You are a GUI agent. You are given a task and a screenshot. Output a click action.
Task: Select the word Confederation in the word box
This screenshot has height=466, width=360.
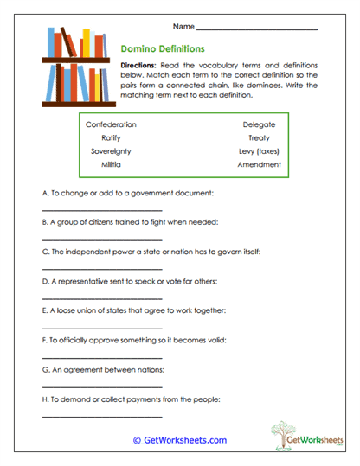111,124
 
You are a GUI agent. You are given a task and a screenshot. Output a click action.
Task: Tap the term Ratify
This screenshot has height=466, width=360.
111,137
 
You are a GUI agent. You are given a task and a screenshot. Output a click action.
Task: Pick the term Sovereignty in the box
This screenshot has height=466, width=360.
111,150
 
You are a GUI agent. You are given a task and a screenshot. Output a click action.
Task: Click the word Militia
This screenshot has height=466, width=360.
111,163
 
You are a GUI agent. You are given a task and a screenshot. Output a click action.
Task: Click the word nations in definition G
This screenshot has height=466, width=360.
150,369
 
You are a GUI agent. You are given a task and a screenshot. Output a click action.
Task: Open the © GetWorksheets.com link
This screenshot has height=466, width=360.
179,439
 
